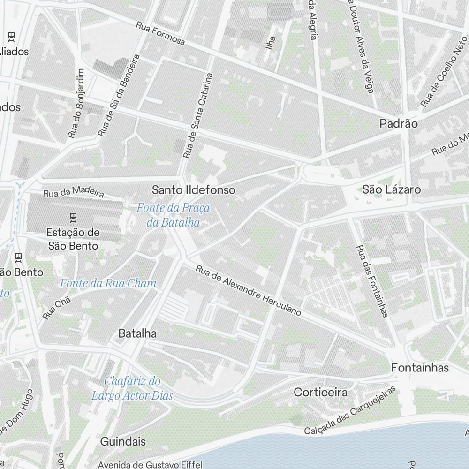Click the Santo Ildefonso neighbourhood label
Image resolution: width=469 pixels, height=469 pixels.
(x=194, y=190)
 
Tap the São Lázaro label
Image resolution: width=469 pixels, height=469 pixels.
(x=392, y=189)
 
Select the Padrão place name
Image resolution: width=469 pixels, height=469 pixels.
(x=398, y=123)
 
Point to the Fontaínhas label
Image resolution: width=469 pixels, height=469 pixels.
(x=420, y=367)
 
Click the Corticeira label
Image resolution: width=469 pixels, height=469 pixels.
(x=321, y=392)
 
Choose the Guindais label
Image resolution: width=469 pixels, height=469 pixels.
(x=123, y=441)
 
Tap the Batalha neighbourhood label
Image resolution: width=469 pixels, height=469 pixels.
(x=137, y=333)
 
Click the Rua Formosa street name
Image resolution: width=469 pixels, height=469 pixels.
(x=160, y=33)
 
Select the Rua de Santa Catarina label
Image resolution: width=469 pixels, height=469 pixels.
(x=197, y=115)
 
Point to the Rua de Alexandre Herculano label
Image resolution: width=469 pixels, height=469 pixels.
(x=248, y=290)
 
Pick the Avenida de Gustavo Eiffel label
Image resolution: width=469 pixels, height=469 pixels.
(x=150, y=465)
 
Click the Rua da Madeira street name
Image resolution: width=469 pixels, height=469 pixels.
(x=73, y=193)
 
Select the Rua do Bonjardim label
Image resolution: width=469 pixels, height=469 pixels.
(x=76, y=103)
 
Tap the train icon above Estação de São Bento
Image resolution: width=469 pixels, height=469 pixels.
(x=73, y=217)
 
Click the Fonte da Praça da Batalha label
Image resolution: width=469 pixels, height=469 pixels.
(x=173, y=215)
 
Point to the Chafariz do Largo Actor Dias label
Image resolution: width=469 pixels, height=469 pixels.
(x=132, y=388)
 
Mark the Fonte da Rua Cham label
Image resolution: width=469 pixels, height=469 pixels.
(x=108, y=283)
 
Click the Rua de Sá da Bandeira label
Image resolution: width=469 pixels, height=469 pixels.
(x=119, y=95)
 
